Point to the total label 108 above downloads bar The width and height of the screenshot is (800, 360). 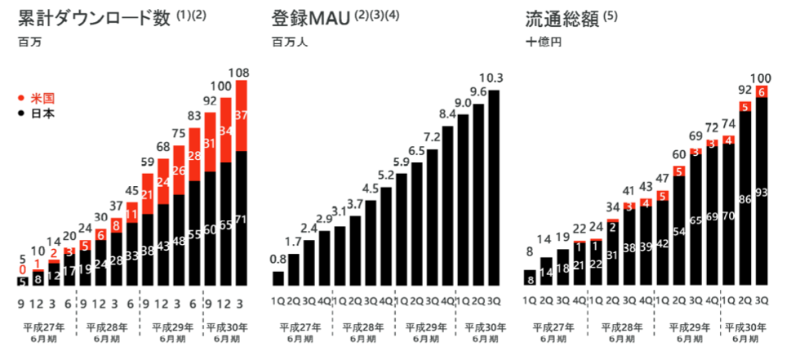click(x=241, y=72)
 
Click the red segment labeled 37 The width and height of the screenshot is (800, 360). click(x=241, y=115)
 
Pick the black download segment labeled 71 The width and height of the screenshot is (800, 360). click(x=241, y=219)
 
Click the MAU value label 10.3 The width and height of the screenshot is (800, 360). click(x=491, y=78)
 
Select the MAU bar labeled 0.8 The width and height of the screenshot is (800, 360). click(x=278, y=278)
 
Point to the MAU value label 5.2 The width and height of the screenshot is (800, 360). click(x=386, y=176)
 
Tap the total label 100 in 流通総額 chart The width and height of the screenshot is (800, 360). click(x=762, y=77)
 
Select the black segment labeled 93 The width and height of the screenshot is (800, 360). click(x=762, y=193)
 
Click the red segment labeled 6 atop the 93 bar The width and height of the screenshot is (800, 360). click(x=762, y=92)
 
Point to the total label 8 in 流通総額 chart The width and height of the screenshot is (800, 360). click(x=530, y=252)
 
